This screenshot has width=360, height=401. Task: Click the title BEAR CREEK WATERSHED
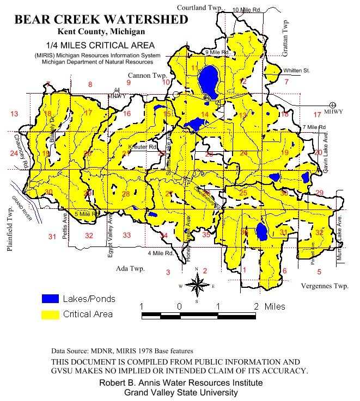(x=101, y=20)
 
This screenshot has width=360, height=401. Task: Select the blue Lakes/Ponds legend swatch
(x=50, y=299)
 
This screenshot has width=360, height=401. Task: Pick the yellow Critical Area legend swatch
(x=50, y=314)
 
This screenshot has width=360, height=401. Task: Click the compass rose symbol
(x=197, y=285)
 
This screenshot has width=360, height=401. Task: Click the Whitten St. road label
(x=296, y=71)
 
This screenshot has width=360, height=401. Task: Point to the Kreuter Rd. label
(x=142, y=147)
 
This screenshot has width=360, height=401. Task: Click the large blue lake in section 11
(x=208, y=81)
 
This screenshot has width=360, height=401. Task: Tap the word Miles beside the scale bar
(x=275, y=307)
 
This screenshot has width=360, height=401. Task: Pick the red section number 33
(x=127, y=235)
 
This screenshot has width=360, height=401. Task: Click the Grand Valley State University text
(x=180, y=392)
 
